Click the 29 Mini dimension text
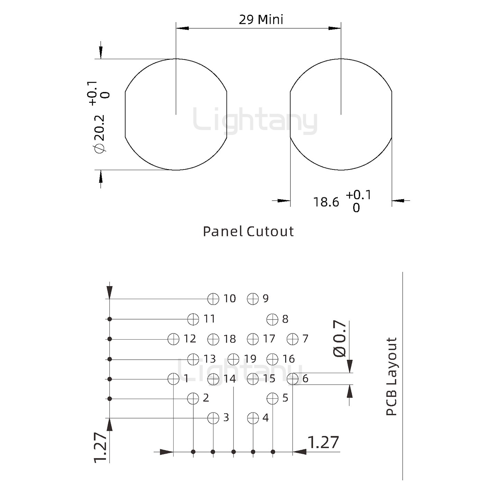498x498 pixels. click(261, 20)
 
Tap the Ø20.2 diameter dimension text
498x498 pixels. click(99, 133)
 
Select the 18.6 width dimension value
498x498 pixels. click(326, 202)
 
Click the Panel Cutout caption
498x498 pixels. click(248, 231)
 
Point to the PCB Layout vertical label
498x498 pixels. click(391, 376)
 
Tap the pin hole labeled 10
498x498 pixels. click(213, 299)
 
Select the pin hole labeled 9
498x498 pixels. click(253, 299)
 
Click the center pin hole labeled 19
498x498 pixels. click(233, 359)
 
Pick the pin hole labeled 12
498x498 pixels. click(173, 339)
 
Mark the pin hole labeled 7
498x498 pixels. click(293, 339)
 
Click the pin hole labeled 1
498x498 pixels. click(173, 379)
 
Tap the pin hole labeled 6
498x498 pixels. click(293, 379)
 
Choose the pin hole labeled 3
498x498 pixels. click(213, 418)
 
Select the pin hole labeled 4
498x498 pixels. click(253, 418)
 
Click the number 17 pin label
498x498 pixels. click(269, 339)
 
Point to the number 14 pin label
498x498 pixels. click(230, 379)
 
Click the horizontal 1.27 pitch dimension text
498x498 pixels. click(323, 443)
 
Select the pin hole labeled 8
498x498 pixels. click(273, 319)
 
